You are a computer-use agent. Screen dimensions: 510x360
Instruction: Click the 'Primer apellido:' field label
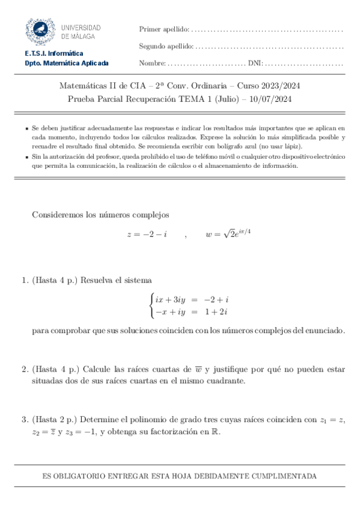[x=163, y=29]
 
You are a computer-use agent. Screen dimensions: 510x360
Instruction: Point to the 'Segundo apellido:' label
[x=166, y=46]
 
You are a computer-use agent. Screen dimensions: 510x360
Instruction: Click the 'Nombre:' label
[x=152, y=63]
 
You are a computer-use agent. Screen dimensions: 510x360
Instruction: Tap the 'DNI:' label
[x=255, y=63]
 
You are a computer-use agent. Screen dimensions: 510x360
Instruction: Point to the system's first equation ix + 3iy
[x=174, y=299]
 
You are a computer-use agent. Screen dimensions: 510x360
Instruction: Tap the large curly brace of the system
[x=151, y=305]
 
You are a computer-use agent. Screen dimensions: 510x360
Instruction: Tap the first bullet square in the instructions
[x=26, y=129]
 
